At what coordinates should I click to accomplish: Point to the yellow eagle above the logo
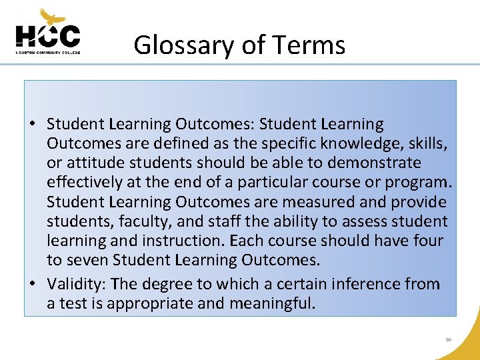click(53, 16)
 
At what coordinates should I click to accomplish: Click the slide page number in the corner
click(449, 339)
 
